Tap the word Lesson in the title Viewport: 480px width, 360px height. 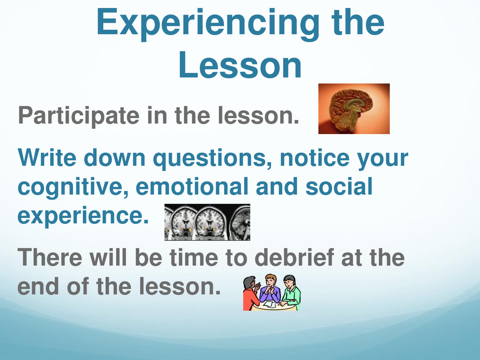tap(240, 65)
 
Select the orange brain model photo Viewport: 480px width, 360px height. tap(354, 109)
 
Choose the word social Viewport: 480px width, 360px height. tap(339, 187)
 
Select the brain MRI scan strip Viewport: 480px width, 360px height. tap(207, 222)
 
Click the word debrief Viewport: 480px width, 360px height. tap(294, 257)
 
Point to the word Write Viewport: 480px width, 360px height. tap(47, 157)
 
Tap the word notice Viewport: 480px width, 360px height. tap(315, 158)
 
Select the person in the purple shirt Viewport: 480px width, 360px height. tap(270, 290)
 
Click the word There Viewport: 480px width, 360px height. tap(50, 257)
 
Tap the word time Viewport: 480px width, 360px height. tap(194, 257)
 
